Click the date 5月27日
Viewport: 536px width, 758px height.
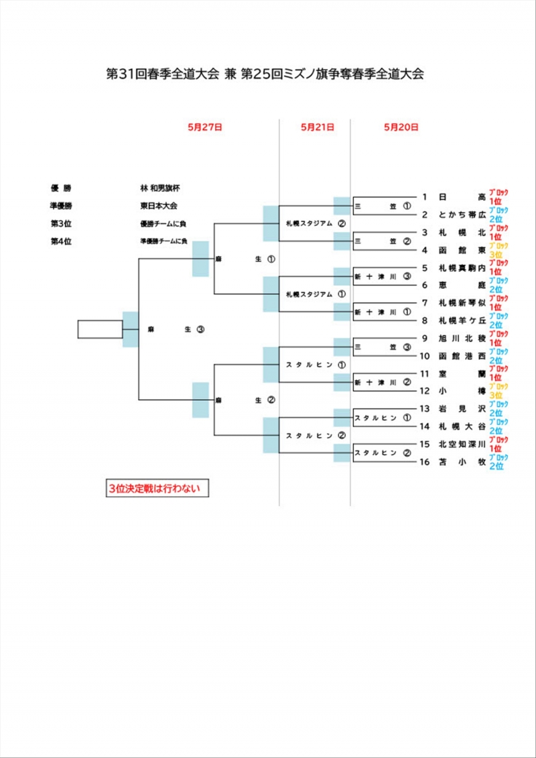[x=205, y=127]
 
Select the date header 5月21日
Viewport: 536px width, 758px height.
[x=317, y=127]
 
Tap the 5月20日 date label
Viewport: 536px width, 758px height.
[x=401, y=127]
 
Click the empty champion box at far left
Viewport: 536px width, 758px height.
[x=100, y=329]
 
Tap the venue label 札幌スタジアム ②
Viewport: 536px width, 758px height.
[x=315, y=223]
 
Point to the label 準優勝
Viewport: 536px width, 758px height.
[x=61, y=206]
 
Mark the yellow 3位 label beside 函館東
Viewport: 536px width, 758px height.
[x=496, y=255]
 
